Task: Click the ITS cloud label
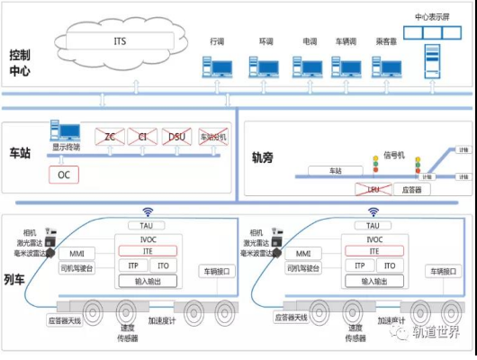120,41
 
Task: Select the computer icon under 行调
216,67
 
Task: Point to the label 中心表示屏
433,16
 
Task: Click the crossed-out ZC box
111,137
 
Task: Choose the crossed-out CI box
143,137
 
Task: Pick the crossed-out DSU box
176,137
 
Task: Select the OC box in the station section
63,174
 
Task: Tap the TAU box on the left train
147,225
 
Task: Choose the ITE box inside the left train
147,250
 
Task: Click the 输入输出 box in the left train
147,281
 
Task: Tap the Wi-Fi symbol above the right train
373,212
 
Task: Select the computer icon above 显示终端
66,131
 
